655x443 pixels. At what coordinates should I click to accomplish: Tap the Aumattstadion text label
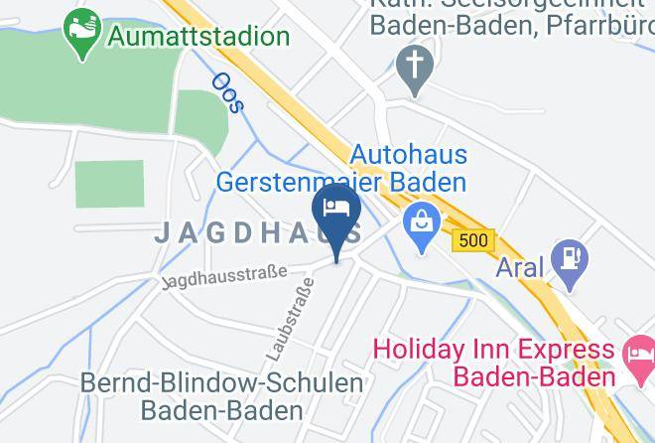tap(199, 37)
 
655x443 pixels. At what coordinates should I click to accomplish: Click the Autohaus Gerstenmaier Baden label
tap(341, 169)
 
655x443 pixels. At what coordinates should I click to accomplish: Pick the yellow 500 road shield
tap(471, 241)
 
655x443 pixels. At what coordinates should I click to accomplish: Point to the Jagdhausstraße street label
tap(225, 277)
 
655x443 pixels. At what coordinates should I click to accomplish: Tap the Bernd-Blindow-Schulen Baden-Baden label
tap(221, 395)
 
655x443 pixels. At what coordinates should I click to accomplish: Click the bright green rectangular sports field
tap(109, 183)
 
